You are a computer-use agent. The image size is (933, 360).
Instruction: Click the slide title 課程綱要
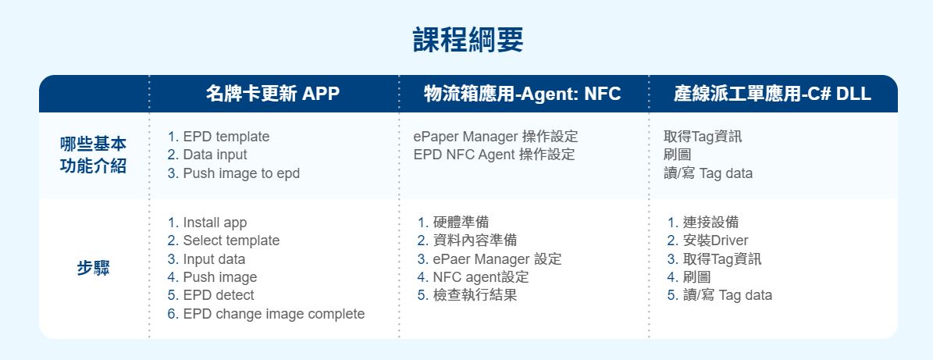coord(468,41)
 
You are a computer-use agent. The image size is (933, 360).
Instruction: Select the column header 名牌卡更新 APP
coord(273,94)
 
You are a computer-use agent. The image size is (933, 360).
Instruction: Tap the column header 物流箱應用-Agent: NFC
coord(522,94)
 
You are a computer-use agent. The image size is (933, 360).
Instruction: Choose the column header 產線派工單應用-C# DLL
coord(772,94)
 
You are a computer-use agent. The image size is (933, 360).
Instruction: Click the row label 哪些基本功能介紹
coord(93,155)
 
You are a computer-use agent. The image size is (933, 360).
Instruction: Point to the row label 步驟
coord(93,269)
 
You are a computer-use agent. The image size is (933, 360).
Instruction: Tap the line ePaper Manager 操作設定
coord(496,137)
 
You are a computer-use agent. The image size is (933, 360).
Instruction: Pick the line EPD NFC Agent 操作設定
coord(494,155)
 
